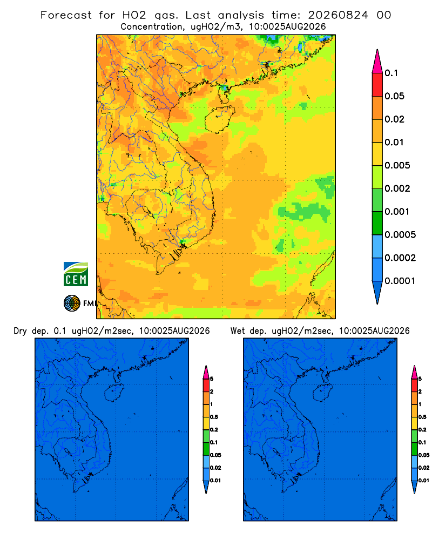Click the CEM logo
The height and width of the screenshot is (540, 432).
(76, 274)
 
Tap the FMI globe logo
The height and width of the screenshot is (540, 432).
(72, 303)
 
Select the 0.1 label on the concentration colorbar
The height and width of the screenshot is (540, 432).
(391, 73)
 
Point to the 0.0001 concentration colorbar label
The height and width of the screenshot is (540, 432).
(400, 281)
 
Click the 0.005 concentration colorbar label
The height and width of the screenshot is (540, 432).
(397, 165)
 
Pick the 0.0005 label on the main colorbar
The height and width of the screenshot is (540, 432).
(400, 235)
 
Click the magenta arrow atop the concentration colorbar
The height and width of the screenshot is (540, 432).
(377, 61)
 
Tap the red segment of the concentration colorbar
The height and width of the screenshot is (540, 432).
(377, 85)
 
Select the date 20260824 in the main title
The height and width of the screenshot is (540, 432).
(338, 15)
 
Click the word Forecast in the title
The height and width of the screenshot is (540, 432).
(66, 15)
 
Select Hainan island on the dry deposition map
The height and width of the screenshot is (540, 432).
(114, 393)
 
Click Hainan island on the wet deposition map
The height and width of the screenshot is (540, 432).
(323, 392)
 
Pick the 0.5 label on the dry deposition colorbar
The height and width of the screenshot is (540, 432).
(214, 417)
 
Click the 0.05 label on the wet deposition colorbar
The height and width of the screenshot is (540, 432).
(424, 455)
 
